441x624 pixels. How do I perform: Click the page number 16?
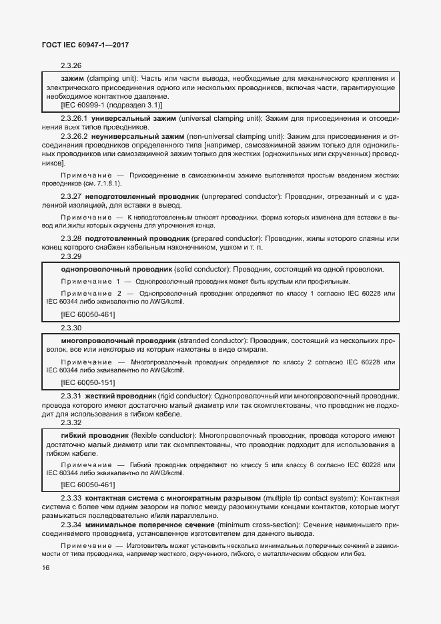pyautogui.click(x=46, y=567)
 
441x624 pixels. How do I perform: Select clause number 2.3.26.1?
pyautogui.click(x=74, y=118)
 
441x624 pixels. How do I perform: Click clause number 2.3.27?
pyautogui.click(x=71, y=198)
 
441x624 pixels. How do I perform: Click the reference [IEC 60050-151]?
pyautogui.click(x=87, y=382)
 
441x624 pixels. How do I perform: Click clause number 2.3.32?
pyautogui.click(x=71, y=422)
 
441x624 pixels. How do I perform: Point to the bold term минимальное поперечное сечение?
pyautogui.click(x=152, y=525)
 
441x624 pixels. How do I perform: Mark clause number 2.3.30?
pyautogui.click(x=71, y=328)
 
